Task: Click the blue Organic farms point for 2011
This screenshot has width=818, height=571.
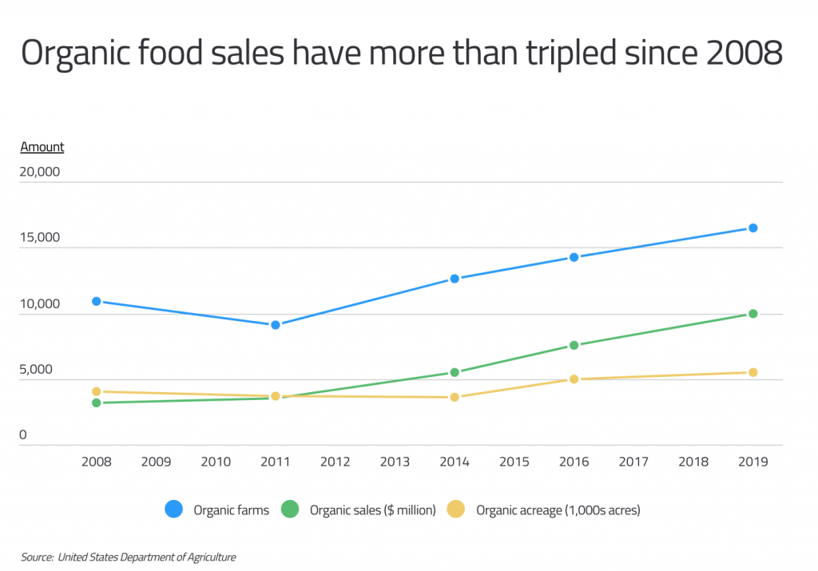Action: (x=276, y=325)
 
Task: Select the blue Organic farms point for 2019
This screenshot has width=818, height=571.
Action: (x=752, y=228)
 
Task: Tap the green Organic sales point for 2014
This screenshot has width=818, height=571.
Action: (x=455, y=372)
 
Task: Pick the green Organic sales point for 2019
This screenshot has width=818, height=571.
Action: (x=752, y=314)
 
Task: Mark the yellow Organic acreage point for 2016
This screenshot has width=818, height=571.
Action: (x=574, y=379)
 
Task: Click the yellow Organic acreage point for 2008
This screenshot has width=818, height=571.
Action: (x=97, y=391)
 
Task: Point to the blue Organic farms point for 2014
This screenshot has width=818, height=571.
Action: (x=455, y=279)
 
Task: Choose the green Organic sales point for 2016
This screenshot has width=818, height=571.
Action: (x=574, y=345)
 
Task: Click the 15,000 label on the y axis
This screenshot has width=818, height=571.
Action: (x=40, y=238)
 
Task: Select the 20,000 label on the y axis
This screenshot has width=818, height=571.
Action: (x=40, y=172)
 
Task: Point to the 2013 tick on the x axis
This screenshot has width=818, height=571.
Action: (x=395, y=462)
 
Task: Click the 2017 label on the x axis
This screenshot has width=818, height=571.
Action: (x=633, y=462)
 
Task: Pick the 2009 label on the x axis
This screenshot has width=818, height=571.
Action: (x=156, y=462)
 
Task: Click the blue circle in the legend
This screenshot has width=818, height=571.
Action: (x=174, y=510)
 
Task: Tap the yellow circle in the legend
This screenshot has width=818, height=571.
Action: (x=456, y=510)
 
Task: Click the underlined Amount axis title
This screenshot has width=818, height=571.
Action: (x=42, y=147)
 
